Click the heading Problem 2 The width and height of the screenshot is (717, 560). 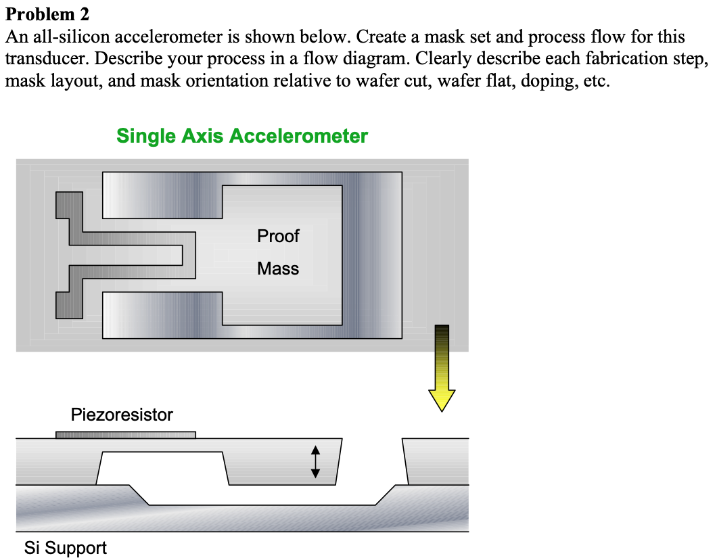(47, 14)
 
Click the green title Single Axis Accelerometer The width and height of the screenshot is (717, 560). (242, 136)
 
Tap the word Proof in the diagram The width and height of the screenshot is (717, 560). (278, 236)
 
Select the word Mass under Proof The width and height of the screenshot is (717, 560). (278, 269)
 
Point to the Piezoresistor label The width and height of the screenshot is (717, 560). (122, 415)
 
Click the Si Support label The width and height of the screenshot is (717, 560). (66, 547)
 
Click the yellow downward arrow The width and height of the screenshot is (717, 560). (442, 369)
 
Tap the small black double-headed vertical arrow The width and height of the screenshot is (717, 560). (315, 462)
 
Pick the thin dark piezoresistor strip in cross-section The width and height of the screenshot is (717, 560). (125, 435)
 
